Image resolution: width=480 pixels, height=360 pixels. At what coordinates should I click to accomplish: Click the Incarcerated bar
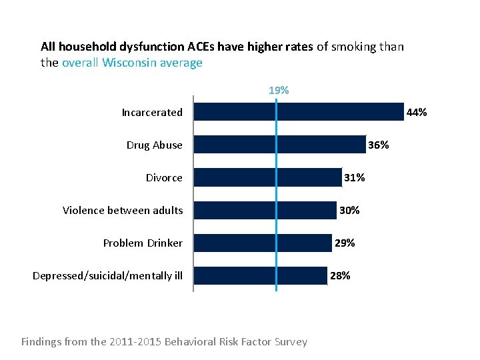(x=299, y=112)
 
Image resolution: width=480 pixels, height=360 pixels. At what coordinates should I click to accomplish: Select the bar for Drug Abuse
(x=280, y=145)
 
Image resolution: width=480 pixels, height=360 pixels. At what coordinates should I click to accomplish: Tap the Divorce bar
(x=267, y=177)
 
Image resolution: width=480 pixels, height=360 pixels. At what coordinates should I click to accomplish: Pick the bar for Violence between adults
(x=265, y=210)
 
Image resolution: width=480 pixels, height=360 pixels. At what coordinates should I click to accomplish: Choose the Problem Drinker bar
(x=263, y=243)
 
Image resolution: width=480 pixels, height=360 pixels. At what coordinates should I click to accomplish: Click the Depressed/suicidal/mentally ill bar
(x=260, y=275)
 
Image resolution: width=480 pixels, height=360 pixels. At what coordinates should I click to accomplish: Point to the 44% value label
(x=417, y=113)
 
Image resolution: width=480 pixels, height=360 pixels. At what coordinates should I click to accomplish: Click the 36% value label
(x=379, y=145)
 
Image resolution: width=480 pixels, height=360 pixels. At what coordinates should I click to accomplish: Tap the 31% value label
(x=354, y=177)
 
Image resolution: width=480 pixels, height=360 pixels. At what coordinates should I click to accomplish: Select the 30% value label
(x=349, y=210)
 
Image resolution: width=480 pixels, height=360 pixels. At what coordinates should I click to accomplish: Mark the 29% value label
(x=345, y=243)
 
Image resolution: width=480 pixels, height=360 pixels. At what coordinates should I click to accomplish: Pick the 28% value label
(x=340, y=275)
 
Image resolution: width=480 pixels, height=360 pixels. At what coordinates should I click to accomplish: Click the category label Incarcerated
(x=152, y=113)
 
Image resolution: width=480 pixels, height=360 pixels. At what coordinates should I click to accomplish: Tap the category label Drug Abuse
(x=154, y=145)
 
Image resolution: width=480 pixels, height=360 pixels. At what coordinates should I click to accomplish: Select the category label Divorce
(x=164, y=177)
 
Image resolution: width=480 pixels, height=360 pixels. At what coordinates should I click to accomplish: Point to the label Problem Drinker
(x=143, y=243)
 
